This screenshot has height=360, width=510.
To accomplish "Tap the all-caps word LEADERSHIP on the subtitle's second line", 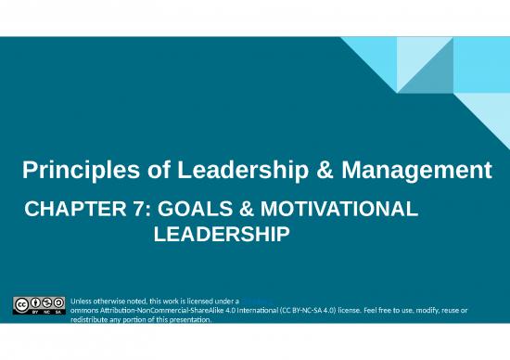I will coord(221,237).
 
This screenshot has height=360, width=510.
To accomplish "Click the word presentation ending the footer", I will coord(189,320).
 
